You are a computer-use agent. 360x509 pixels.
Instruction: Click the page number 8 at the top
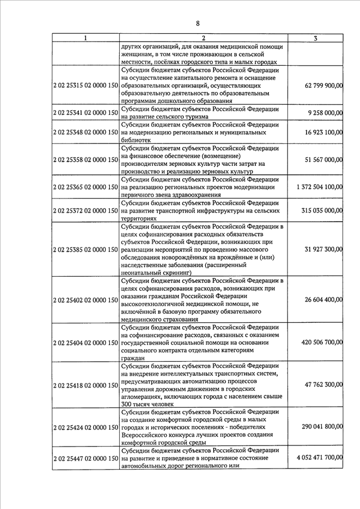[x=198, y=23]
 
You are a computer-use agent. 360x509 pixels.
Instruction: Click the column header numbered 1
[x=85, y=38]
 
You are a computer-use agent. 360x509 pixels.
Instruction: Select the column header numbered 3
[x=316, y=38]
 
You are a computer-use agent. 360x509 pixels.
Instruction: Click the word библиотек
[x=137, y=139]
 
